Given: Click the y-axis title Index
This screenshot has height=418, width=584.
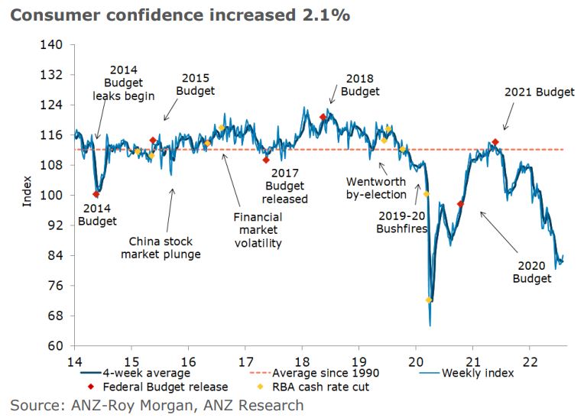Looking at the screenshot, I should pos(28,191).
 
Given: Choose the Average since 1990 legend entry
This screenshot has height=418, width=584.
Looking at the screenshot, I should pos(316,374).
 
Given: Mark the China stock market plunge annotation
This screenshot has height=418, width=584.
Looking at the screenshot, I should pos(161,246).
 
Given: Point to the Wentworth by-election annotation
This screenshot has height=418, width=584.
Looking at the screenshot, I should pos(376,188).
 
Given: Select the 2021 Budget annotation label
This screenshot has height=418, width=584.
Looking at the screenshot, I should pos(539,92).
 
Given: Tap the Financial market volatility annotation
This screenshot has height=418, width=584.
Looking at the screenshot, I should pos(258,230).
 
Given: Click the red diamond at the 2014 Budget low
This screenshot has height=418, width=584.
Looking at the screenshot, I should pos(96,195).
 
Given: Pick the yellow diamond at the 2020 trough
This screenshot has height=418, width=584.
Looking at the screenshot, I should pos(429,300).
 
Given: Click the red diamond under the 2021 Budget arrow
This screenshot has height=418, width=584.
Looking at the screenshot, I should pos(495,142).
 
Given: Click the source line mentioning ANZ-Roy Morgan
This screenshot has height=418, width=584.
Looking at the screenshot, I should pos(157,404).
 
